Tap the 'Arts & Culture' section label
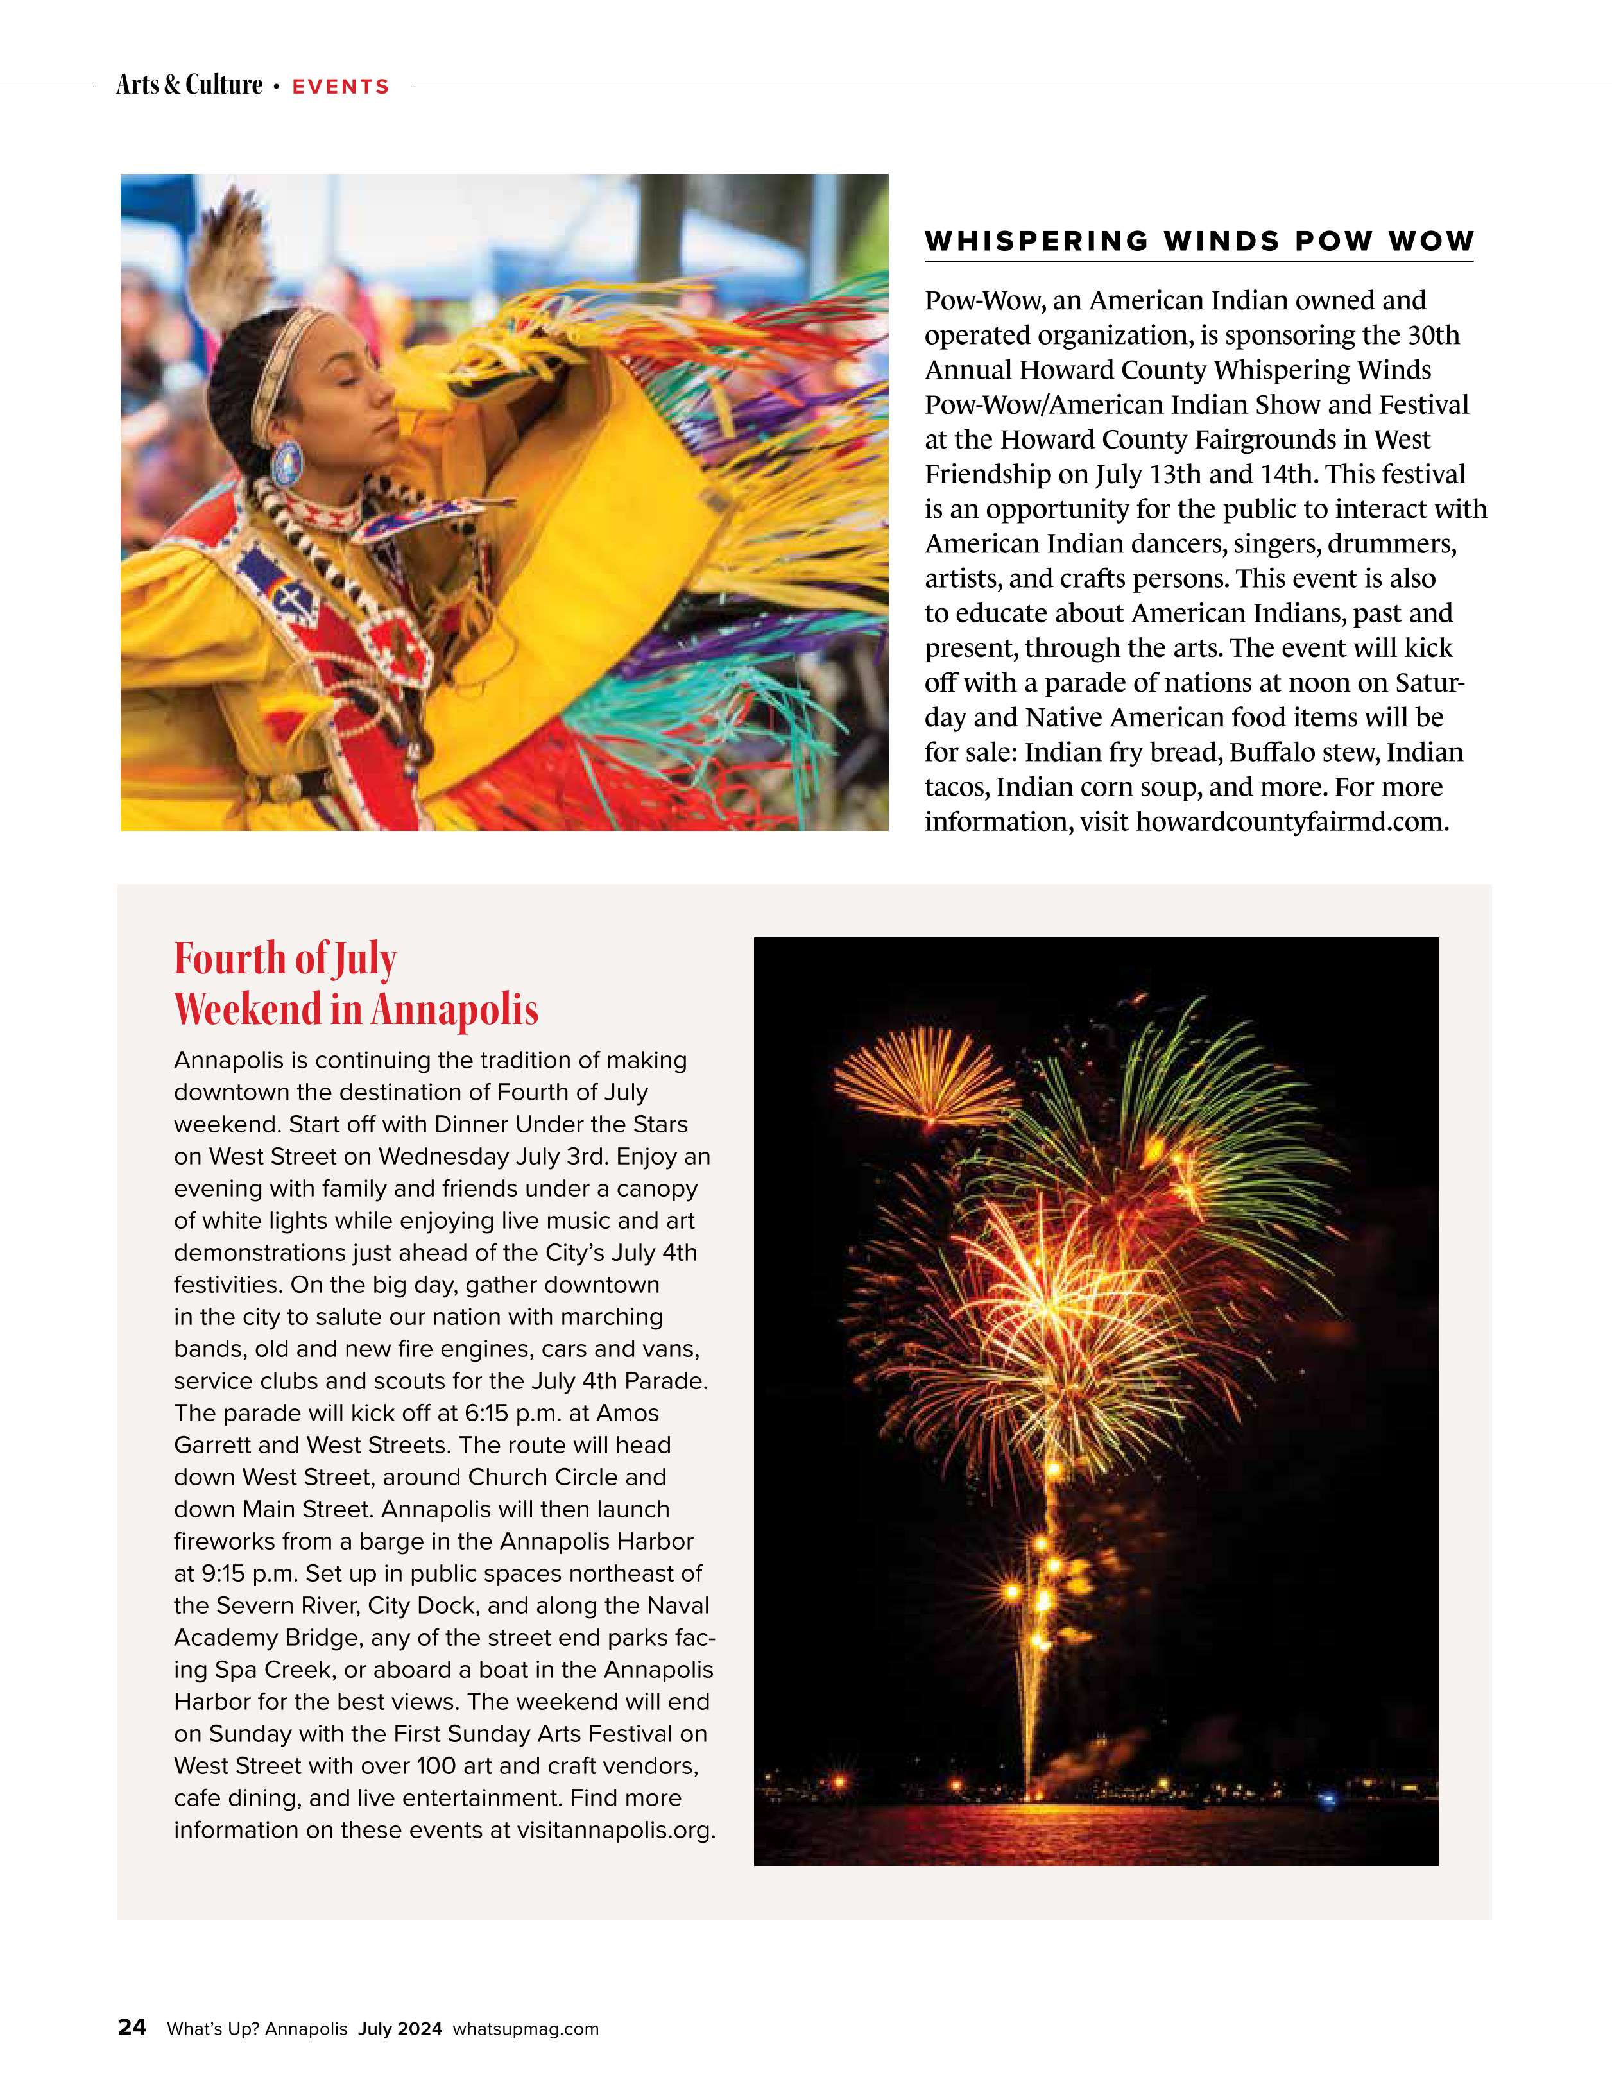tap(189, 85)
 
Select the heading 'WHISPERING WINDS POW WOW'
tap(1198, 241)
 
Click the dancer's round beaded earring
tap(286, 463)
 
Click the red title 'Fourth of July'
tap(285, 959)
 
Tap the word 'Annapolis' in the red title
tap(454, 1009)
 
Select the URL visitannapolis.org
tap(615, 1831)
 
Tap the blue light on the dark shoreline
tap(1327, 1800)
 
